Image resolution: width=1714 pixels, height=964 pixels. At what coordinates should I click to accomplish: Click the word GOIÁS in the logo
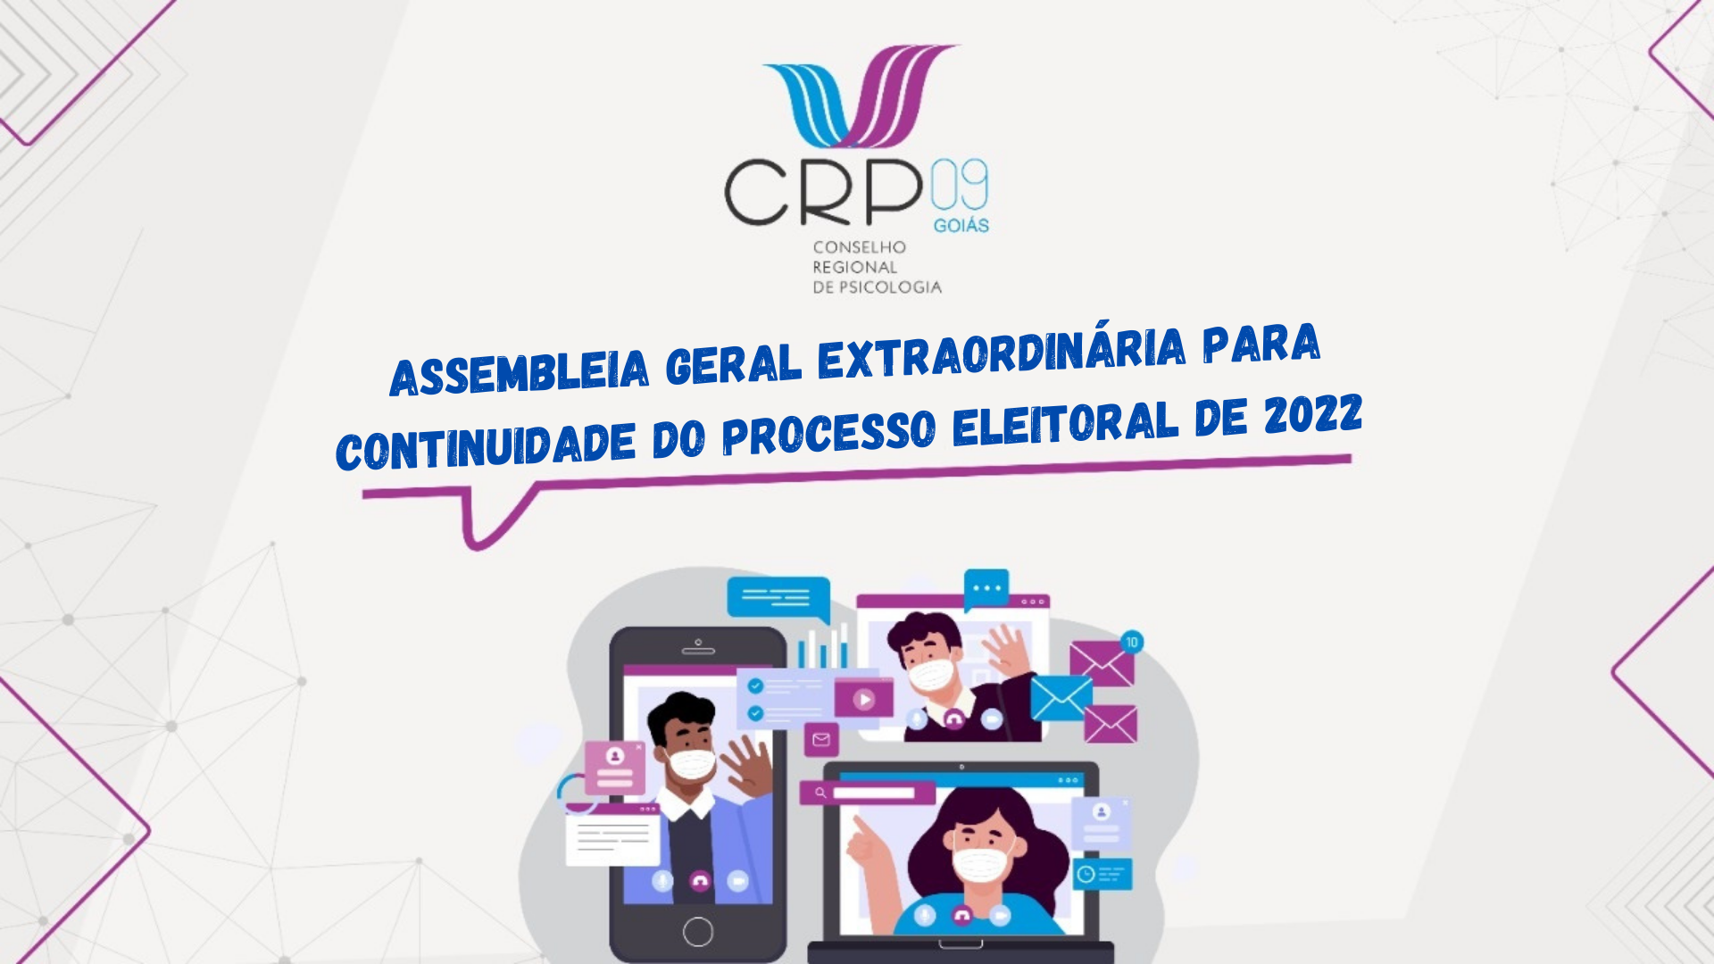pos(961,226)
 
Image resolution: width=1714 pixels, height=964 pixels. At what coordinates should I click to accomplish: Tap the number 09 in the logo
pos(960,185)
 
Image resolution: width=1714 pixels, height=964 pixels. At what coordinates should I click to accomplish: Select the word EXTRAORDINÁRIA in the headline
pos(1002,353)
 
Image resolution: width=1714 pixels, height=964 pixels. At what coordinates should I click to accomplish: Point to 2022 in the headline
pos(1313,415)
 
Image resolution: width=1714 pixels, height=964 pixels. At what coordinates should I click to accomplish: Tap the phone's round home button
pos(698,932)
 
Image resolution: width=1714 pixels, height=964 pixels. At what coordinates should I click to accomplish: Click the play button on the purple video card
pos(863,699)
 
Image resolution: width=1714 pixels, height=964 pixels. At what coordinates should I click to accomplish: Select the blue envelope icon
pos(1061,697)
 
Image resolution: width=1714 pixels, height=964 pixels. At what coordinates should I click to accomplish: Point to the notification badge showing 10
pos(1132,642)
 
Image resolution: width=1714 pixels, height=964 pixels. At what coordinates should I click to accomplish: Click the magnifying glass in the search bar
pos(820,792)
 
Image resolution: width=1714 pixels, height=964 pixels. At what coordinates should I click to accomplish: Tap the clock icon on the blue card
pos(1086,874)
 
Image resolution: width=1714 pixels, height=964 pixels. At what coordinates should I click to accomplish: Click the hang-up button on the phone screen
pos(700,881)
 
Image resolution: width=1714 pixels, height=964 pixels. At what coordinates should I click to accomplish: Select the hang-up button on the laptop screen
pos(961,915)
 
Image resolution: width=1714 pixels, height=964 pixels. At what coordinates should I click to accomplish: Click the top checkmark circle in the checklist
pos(756,686)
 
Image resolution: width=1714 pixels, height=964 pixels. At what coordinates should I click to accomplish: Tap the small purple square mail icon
pos(821,739)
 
